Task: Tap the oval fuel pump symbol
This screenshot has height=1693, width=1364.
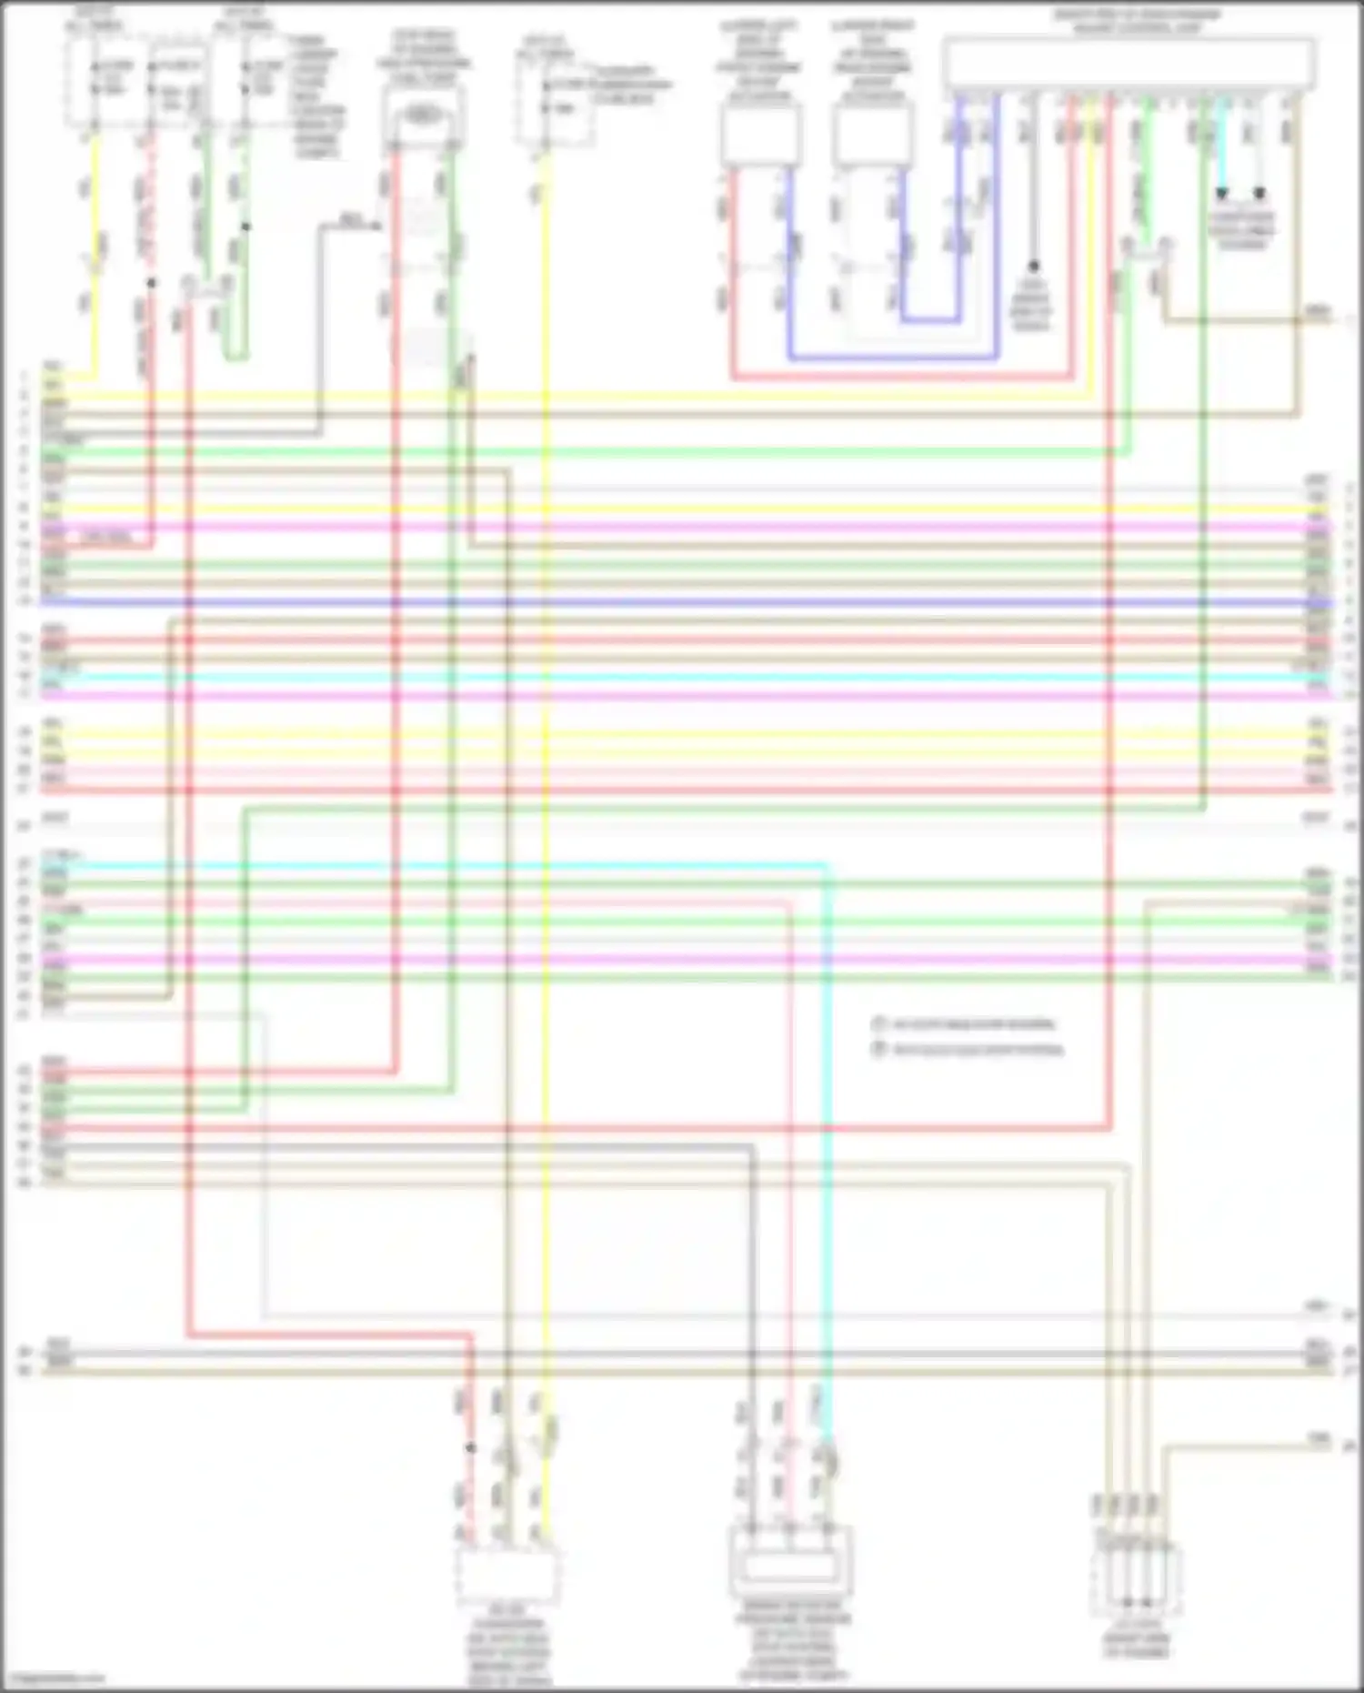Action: (x=422, y=115)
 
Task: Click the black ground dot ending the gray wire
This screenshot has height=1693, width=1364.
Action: (x=1033, y=267)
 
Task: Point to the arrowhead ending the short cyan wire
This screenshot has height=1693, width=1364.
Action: (x=1222, y=194)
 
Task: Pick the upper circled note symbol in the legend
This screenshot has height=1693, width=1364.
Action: (x=878, y=1024)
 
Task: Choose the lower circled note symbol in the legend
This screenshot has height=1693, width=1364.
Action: (x=878, y=1050)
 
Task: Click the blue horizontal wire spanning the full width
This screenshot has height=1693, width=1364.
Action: (x=682, y=602)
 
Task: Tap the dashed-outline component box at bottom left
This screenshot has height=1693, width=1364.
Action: (x=507, y=1577)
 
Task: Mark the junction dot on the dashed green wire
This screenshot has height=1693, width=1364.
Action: (x=246, y=227)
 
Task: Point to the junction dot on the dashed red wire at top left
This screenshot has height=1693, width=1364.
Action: (x=151, y=283)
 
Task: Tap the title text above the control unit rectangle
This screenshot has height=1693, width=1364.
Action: (x=1137, y=21)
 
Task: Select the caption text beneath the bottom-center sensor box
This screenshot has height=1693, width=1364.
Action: (x=794, y=1648)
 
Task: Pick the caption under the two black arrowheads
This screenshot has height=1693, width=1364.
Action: (x=1241, y=229)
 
